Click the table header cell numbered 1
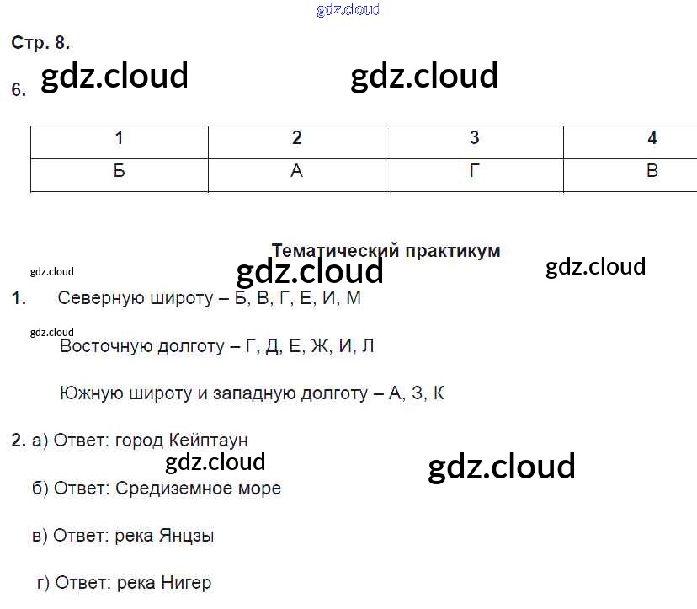click(119, 139)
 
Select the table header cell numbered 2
click(296, 139)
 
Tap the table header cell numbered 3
click(474, 139)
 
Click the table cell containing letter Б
click(119, 171)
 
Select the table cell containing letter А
click(296, 171)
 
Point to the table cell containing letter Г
click(474, 171)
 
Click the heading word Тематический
click(335, 251)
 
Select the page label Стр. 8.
click(40, 43)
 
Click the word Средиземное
click(168, 489)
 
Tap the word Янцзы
click(186, 536)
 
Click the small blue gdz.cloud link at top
click(348, 9)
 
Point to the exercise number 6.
click(19, 90)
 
